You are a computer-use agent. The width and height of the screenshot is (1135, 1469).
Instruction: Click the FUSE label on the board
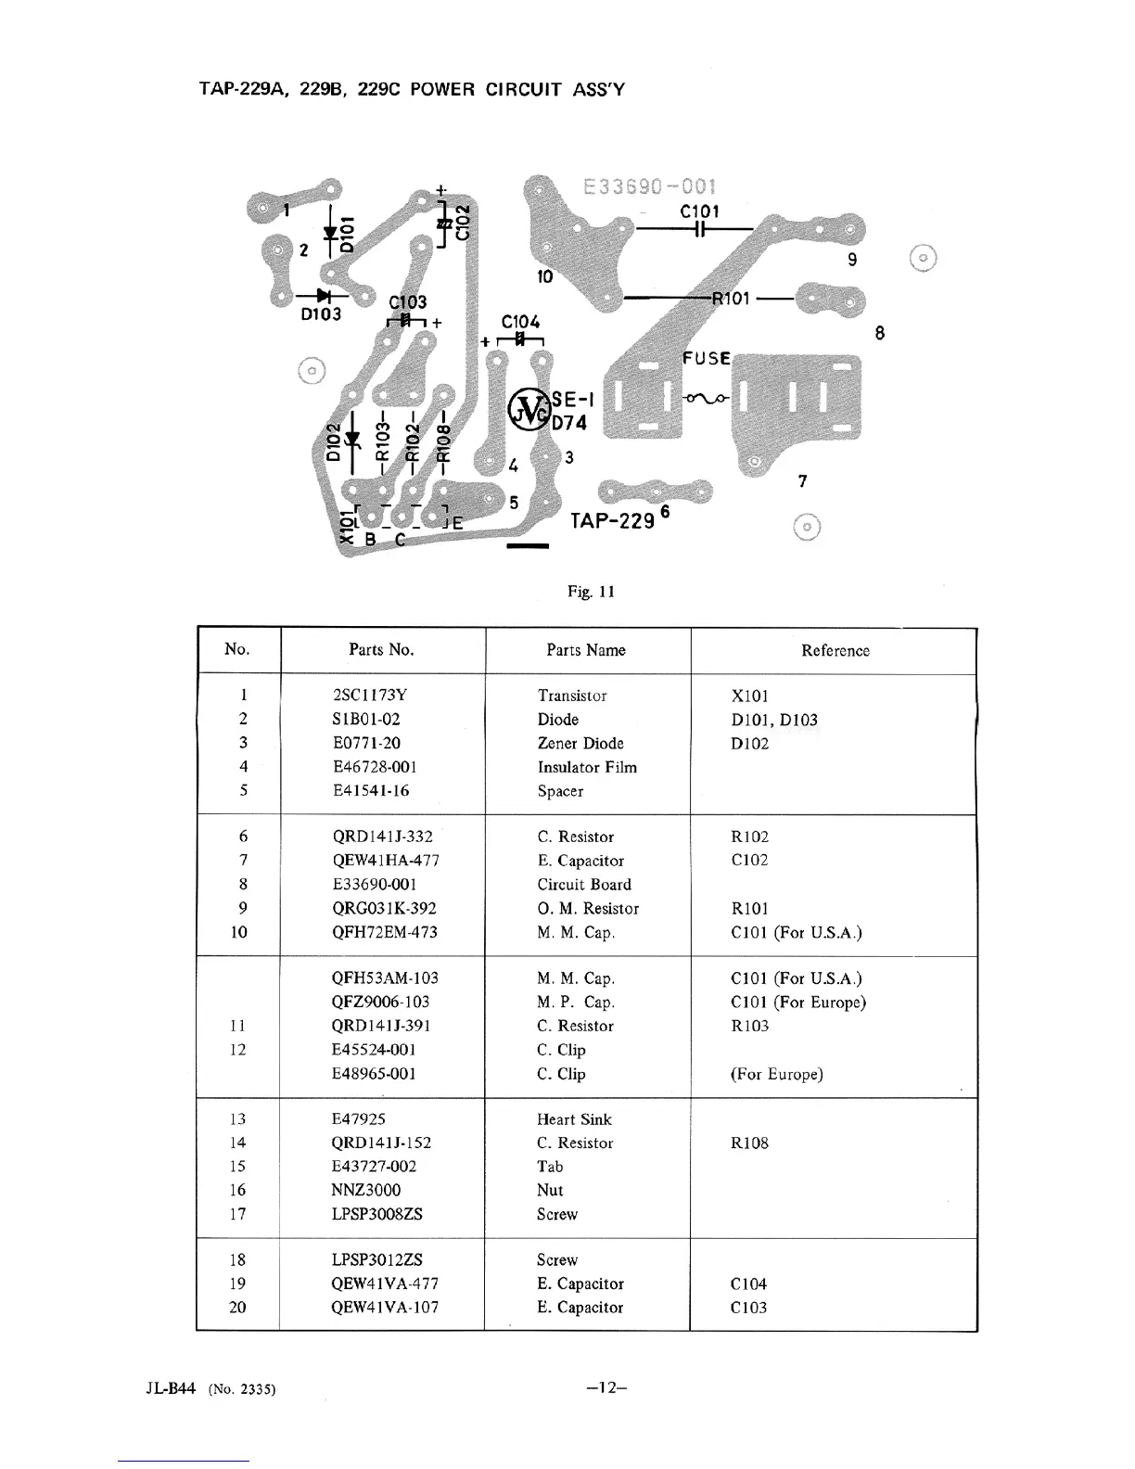(707, 359)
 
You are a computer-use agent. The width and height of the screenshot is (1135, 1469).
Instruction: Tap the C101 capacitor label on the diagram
(699, 211)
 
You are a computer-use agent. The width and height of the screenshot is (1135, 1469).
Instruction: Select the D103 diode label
(321, 314)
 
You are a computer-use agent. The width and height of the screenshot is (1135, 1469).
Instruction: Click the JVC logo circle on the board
(529, 408)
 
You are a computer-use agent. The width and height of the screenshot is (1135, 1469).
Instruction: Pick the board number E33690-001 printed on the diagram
(650, 187)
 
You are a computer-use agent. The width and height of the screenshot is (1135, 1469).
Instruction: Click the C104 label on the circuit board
(520, 322)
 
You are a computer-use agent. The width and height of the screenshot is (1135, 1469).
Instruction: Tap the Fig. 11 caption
(591, 592)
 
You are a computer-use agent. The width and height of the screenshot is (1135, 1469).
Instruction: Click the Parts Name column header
(586, 650)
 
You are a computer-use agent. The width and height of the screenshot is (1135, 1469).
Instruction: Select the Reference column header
(835, 650)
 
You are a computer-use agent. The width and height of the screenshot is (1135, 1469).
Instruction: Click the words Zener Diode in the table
(580, 743)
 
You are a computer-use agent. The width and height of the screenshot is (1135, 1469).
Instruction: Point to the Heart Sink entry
(574, 1119)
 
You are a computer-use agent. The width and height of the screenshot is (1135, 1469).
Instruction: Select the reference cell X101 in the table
(750, 696)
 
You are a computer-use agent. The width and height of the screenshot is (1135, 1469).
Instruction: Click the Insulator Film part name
(587, 767)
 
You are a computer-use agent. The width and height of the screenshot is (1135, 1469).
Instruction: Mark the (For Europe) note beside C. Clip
(776, 1074)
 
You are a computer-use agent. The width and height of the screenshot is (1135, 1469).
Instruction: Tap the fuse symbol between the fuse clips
(708, 399)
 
